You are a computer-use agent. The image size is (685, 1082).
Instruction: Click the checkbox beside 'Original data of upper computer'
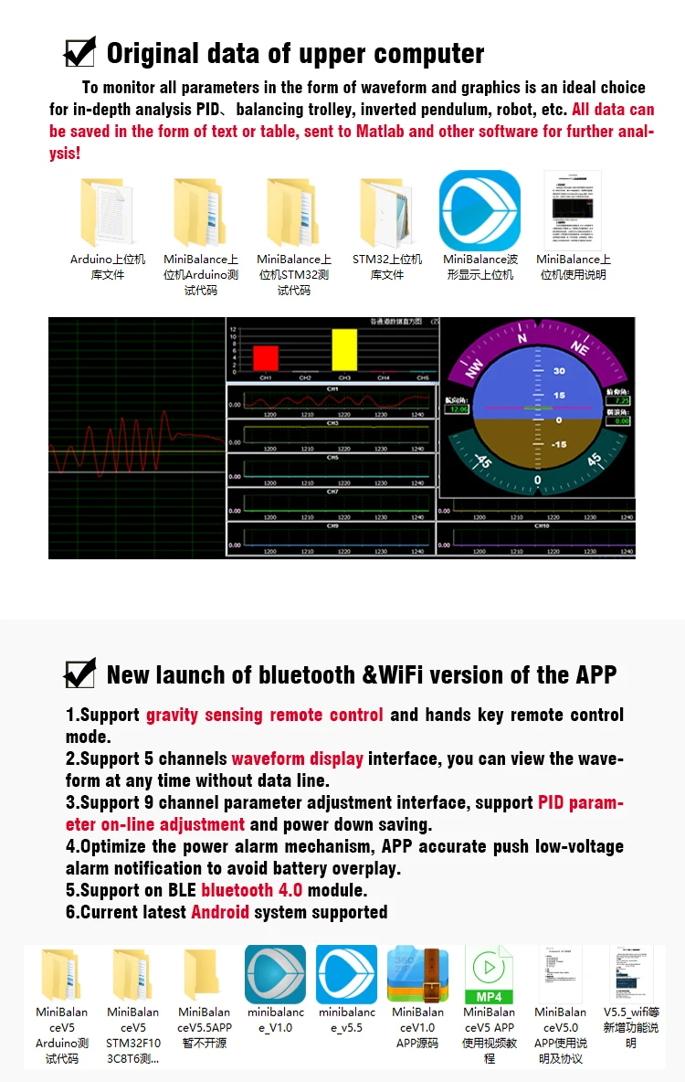click(x=79, y=52)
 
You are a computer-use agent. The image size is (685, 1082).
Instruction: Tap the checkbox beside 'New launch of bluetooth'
click(x=79, y=674)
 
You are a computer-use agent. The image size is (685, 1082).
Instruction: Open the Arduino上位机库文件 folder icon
click(x=107, y=213)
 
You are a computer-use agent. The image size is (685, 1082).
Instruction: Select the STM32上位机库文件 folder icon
click(x=386, y=213)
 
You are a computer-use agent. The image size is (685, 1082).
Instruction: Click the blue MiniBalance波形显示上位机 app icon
click(x=479, y=211)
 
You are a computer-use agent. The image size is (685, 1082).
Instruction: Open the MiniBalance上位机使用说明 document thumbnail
click(x=573, y=211)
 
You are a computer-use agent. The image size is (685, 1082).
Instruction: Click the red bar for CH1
click(x=266, y=358)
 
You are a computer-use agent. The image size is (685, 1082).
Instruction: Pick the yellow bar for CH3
click(x=344, y=350)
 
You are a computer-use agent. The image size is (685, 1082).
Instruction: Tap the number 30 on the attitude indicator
click(x=559, y=371)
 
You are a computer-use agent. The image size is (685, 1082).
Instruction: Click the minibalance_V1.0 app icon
click(x=275, y=974)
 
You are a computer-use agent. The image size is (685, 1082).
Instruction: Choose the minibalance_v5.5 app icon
click(x=346, y=974)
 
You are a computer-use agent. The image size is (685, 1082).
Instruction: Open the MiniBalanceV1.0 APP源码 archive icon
click(x=417, y=974)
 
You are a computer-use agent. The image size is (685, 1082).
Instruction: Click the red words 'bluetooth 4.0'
click(x=250, y=890)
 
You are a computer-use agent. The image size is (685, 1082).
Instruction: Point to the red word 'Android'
click(x=219, y=912)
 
